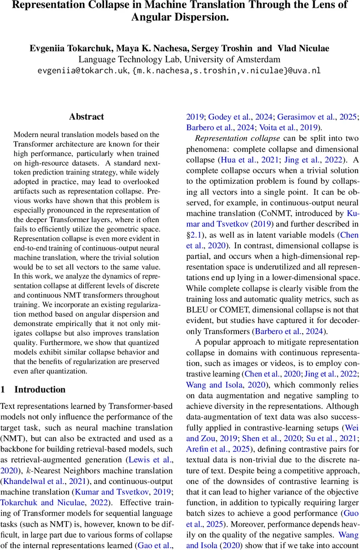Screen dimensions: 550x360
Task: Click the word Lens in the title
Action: (313, 6)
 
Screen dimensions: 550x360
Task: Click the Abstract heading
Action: (87, 117)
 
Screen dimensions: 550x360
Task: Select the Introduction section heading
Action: (40, 390)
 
